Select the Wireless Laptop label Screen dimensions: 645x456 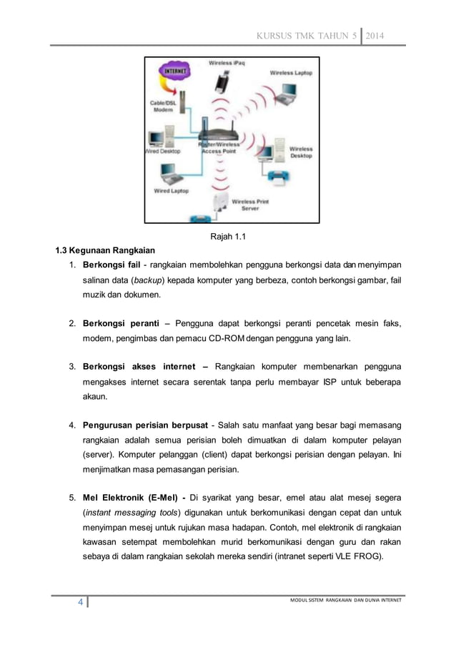tap(290, 72)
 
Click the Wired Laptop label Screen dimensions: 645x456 tap(170, 191)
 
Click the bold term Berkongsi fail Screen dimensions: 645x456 tap(111, 267)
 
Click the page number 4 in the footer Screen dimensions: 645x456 tap(81, 603)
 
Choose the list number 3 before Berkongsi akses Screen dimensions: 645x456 tap(72, 368)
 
